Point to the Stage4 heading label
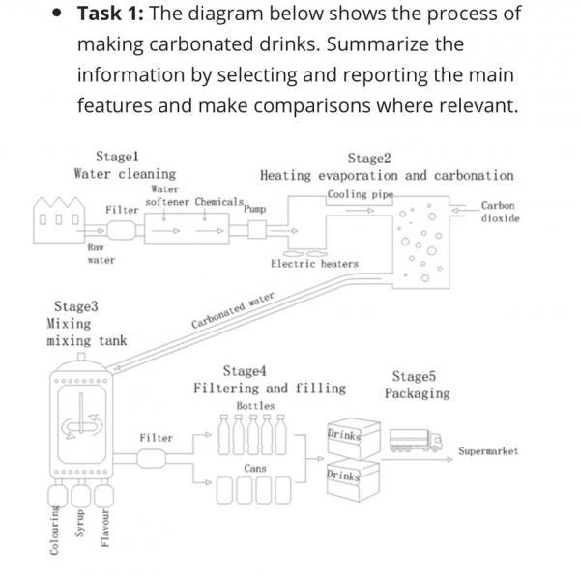click(x=246, y=371)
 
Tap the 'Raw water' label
click(x=101, y=253)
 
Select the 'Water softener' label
click(x=166, y=196)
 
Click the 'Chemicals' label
click(x=217, y=202)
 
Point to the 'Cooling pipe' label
click(x=360, y=194)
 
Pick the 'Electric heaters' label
click(x=314, y=263)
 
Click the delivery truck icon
click(x=415, y=441)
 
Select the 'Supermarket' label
click(x=488, y=451)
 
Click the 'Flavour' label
click(x=105, y=530)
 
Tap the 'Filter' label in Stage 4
click(x=156, y=438)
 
